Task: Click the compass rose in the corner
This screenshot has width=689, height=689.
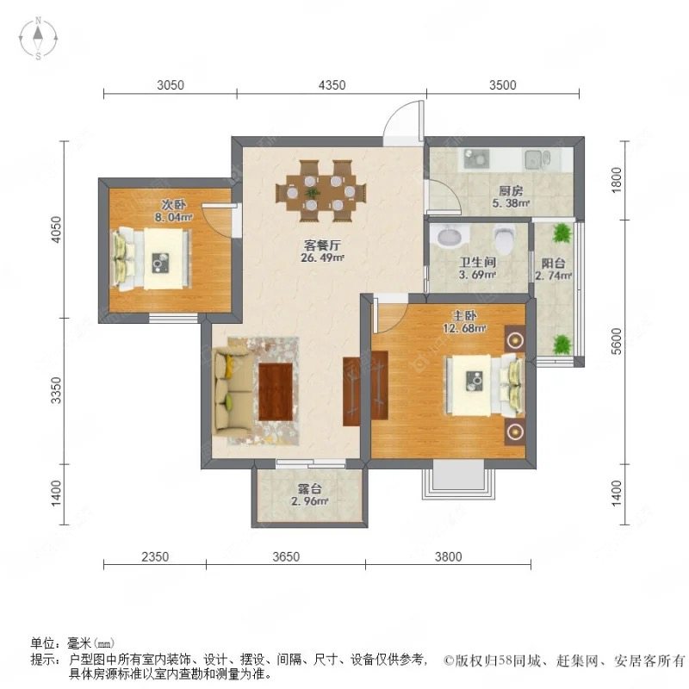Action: tap(38, 38)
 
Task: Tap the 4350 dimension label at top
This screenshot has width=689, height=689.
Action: tap(332, 84)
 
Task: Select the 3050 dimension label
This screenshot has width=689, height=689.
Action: tap(171, 84)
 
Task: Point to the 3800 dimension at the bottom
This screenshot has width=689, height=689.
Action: tap(448, 556)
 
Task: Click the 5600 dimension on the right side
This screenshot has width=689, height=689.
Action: tap(617, 341)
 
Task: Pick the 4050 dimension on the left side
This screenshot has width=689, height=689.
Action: tap(56, 229)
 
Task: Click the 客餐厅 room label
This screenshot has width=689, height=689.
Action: tap(322, 245)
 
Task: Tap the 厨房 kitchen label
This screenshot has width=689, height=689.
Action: tap(511, 191)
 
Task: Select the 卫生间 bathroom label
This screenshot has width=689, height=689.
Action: tap(478, 263)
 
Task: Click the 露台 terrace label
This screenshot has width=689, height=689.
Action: tap(310, 488)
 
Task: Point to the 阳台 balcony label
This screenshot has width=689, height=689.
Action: tap(553, 264)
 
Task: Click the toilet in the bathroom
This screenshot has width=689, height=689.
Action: tap(504, 239)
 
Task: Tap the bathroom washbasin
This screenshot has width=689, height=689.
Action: tap(451, 235)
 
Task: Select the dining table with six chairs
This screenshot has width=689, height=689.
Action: tap(320, 191)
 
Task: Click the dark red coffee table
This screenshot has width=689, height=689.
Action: tap(276, 392)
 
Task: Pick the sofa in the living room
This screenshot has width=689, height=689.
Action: tap(233, 389)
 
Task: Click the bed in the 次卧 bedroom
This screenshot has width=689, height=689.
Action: tap(152, 258)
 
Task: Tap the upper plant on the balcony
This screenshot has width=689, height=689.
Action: tap(562, 233)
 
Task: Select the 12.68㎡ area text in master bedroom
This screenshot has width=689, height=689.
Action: tap(464, 328)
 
